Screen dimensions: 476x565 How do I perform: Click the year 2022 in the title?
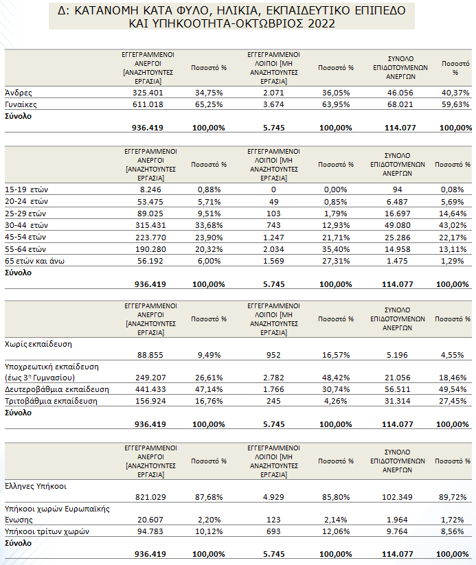(x=321, y=23)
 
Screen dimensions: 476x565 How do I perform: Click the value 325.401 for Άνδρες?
(x=148, y=93)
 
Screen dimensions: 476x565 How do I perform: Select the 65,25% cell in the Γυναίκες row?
(x=209, y=104)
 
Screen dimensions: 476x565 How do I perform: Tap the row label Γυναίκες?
(x=21, y=104)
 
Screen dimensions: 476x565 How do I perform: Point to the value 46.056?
(x=400, y=93)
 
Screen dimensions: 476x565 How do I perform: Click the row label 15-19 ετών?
(x=26, y=189)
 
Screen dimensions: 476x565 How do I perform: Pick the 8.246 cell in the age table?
(x=150, y=189)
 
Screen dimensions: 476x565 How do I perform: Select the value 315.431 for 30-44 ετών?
(x=150, y=225)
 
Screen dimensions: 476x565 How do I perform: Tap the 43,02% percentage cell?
(x=453, y=225)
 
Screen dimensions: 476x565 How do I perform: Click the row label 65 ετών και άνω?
(x=34, y=261)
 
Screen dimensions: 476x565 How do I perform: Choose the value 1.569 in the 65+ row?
(x=273, y=261)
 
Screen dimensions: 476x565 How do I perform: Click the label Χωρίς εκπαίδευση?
(x=38, y=344)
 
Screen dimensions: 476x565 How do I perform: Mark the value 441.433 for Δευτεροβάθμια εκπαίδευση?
(x=150, y=389)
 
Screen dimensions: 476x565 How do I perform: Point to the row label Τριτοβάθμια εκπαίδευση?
(x=51, y=401)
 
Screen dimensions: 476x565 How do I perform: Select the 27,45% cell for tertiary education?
(x=453, y=401)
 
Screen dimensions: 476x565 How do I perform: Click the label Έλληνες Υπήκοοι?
(x=36, y=486)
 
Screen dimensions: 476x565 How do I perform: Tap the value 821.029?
(x=150, y=497)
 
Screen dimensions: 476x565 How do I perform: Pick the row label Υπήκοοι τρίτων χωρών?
(x=47, y=531)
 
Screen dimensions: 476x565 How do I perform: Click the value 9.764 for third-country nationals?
(x=397, y=531)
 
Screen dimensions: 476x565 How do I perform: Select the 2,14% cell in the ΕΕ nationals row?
(x=335, y=520)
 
